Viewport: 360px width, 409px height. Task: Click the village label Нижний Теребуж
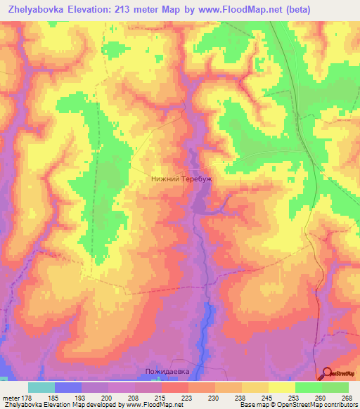pyautogui.click(x=181, y=179)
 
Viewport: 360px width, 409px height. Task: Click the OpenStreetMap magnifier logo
pyautogui.click(x=328, y=375)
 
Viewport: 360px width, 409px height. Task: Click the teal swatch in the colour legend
pyautogui.click(x=41, y=387)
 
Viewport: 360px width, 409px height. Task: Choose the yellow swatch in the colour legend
pyautogui.click(x=281, y=387)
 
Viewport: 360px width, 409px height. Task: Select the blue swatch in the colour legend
pyautogui.click(x=68, y=387)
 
